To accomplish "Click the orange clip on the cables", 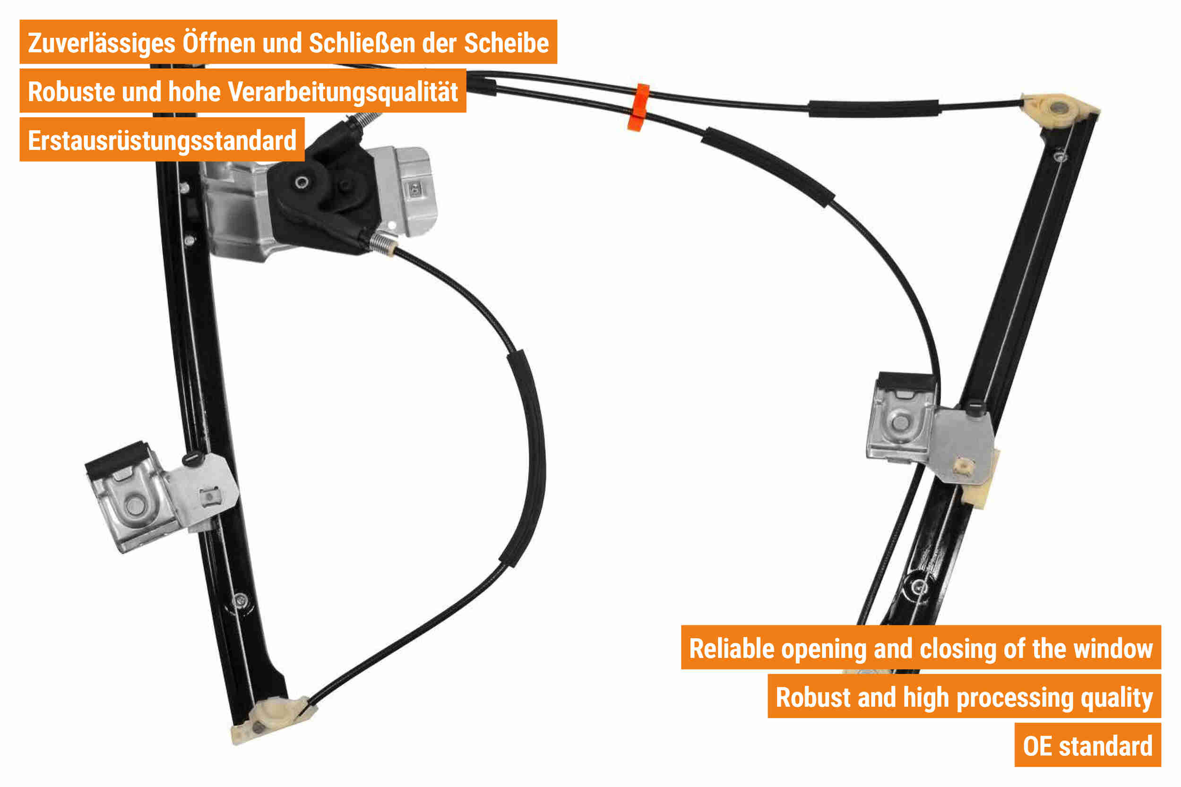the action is click(638, 107).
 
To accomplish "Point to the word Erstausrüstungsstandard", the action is click(162, 141).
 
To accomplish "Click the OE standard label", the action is click(1087, 746).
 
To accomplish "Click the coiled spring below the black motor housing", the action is click(384, 243).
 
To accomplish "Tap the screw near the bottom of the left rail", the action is click(241, 600).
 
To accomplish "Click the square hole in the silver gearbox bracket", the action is click(415, 189).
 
